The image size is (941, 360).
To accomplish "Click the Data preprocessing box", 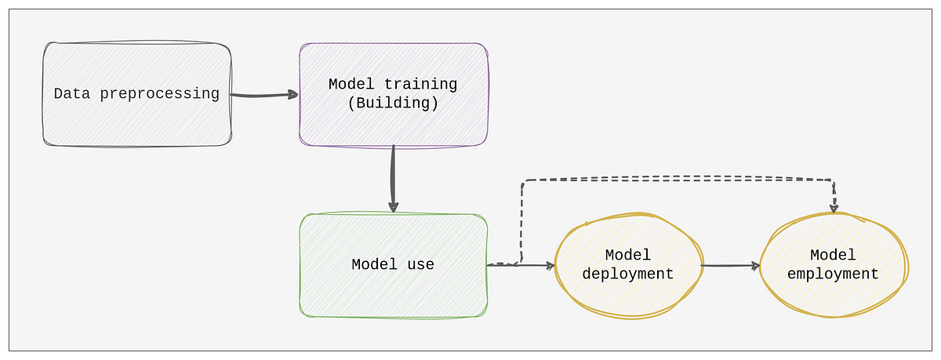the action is (x=137, y=94).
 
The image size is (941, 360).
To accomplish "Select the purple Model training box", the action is (x=394, y=95).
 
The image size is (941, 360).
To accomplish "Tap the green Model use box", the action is (x=394, y=265).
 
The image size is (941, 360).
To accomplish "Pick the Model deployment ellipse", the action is (x=628, y=265).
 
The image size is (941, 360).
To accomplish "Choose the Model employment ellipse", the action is (x=834, y=265).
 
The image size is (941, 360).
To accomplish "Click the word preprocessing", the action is (x=160, y=93).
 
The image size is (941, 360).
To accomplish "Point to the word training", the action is (x=420, y=84).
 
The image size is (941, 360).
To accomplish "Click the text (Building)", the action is (x=393, y=103).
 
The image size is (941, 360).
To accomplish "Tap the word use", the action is (x=420, y=264).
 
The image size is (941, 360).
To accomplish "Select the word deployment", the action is (x=628, y=274).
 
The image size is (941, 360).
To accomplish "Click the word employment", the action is (x=833, y=274).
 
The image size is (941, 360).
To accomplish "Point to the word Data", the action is (x=72, y=93).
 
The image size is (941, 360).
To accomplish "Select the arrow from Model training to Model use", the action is (x=393, y=179).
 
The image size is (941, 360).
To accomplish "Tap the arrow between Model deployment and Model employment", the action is (x=731, y=265).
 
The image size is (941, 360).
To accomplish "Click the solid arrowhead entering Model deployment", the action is (x=550, y=265).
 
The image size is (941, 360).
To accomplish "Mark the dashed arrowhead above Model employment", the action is (x=834, y=208).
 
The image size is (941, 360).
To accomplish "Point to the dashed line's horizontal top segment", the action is (x=678, y=180).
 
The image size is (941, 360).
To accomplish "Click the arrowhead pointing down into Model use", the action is (x=393, y=208).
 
